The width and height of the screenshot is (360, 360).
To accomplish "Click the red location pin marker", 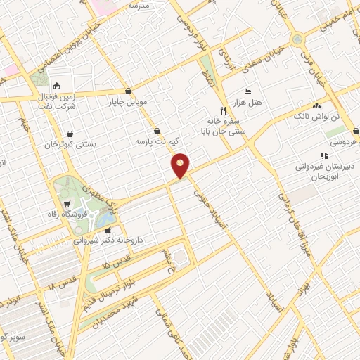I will click(x=181, y=165).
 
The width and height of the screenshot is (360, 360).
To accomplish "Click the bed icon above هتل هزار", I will click(x=247, y=92).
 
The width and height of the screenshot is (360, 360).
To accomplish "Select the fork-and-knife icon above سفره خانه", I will click(x=224, y=110).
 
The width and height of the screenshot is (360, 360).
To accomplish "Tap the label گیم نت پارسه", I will click(x=156, y=141).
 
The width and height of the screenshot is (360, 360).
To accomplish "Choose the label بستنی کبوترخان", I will click(x=70, y=145).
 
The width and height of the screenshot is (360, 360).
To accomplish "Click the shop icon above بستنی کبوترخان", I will click(x=70, y=134).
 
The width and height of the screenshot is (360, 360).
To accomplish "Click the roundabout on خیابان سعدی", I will click(x=297, y=39).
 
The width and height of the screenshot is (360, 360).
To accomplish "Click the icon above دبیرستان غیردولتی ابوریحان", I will click(x=323, y=155).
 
